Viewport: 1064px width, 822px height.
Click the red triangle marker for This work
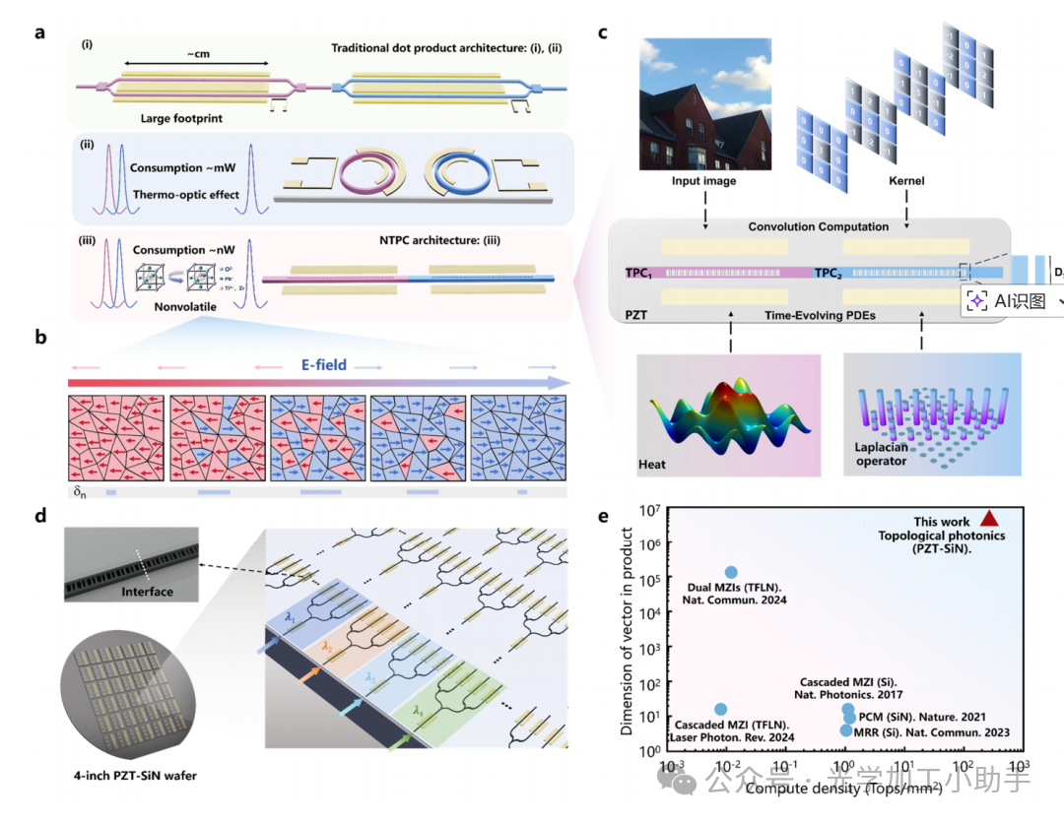pyautogui.click(x=990, y=519)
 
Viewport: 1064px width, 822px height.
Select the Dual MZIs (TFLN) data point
pyautogui.click(x=731, y=572)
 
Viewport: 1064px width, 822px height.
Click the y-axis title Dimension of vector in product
pyautogui.click(x=627, y=630)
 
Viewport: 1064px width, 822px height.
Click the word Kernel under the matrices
pyautogui.click(x=905, y=182)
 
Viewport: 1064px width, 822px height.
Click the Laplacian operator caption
pyautogui.click(x=882, y=453)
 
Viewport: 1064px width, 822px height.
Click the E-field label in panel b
pyautogui.click(x=323, y=364)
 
